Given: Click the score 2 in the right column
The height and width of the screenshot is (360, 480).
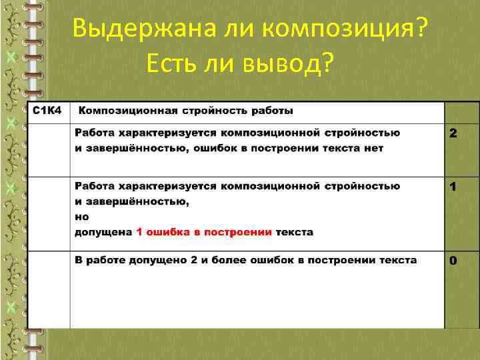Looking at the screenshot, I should pyautogui.click(x=453, y=134).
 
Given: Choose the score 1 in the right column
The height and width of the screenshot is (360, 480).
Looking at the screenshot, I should pyautogui.click(x=453, y=188).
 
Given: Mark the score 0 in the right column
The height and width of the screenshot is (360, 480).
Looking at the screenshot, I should pyautogui.click(x=453, y=261).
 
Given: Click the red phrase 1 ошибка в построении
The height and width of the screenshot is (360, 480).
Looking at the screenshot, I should pyautogui.click(x=204, y=232).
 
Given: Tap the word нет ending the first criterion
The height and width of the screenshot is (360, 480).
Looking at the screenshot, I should pyautogui.click(x=373, y=148).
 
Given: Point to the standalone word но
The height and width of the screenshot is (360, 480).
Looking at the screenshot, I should pyautogui.click(x=81, y=217).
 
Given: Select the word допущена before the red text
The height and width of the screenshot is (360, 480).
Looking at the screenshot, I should pyautogui.click(x=103, y=232).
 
